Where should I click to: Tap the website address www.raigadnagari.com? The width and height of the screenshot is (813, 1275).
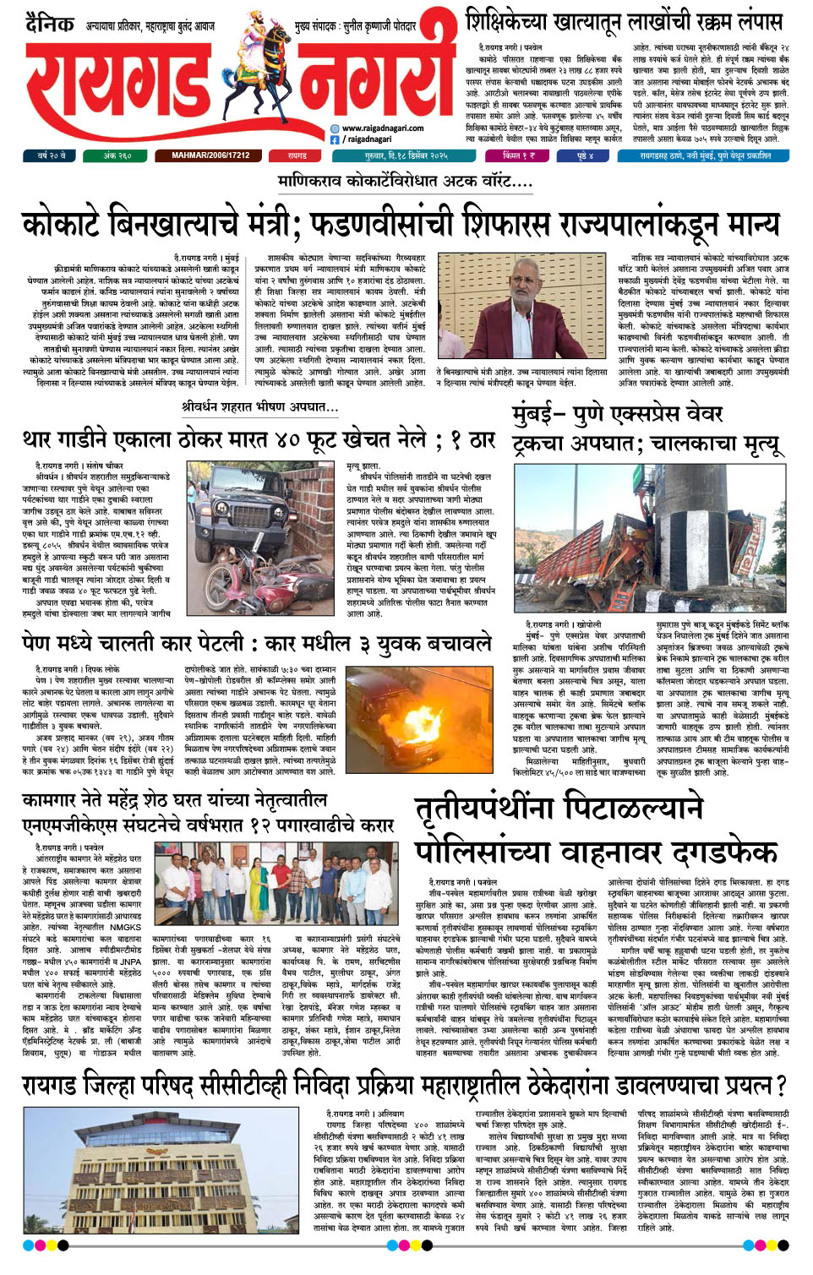382,128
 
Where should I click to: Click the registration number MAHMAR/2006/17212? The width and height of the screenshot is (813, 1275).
210,155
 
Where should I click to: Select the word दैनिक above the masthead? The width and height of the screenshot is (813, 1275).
49,23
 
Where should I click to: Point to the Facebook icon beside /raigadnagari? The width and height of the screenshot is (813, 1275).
335,139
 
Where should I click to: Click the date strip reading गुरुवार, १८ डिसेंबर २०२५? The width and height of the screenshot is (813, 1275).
406,155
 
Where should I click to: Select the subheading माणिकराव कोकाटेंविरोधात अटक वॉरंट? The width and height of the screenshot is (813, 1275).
405,181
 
